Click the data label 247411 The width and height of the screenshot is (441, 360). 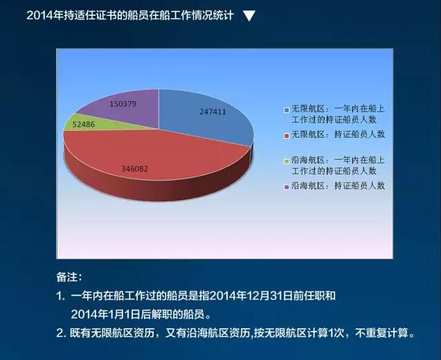click(x=213, y=111)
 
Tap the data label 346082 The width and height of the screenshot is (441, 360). click(x=134, y=169)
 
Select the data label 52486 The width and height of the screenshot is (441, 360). click(x=84, y=125)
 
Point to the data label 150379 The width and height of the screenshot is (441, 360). click(x=123, y=104)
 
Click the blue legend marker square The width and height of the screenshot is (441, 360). click(x=287, y=110)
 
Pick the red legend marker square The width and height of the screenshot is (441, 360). click(x=287, y=136)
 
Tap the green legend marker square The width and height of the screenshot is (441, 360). click(x=287, y=161)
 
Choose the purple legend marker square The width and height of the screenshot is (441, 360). click(x=287, y=187)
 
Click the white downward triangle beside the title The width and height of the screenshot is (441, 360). click(x=249, y=16)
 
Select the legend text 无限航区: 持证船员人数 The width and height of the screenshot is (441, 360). click(x=338, y=134)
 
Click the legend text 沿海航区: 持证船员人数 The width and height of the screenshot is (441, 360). click(x=338, y=186)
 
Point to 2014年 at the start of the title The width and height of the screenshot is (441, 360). click(x=44, y=15)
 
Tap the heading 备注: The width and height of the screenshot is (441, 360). click(x=69, y=277)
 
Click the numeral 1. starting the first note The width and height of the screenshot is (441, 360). click(x=60, y=296)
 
